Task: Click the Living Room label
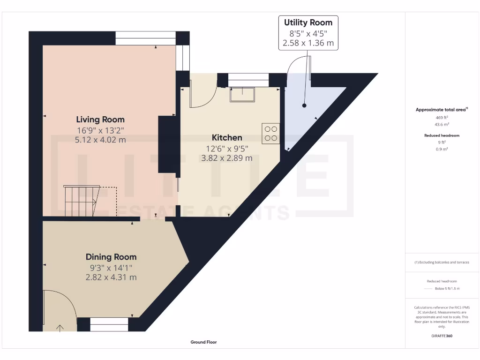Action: (x=100, y=120)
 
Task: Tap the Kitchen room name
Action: (x=227, y=137)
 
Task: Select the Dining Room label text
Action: (x=111, y=257)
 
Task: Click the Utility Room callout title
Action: (x=308, y=22)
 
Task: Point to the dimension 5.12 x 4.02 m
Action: (x=100, y=140)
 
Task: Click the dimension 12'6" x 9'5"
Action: (x=227, y=148)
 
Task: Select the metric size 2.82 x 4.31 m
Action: (x=111, y=277)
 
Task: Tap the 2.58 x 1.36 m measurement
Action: (x=308, y=43)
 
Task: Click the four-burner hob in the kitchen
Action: (x=271, y=133)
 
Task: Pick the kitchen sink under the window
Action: (x=242, y=94)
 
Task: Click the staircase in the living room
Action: (x=81, y=201)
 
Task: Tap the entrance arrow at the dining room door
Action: (x=60, y=328)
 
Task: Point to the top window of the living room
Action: (x=145, y=38)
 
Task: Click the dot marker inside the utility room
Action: (x=304, y=105)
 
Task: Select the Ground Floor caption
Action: (x=203, y=342)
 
